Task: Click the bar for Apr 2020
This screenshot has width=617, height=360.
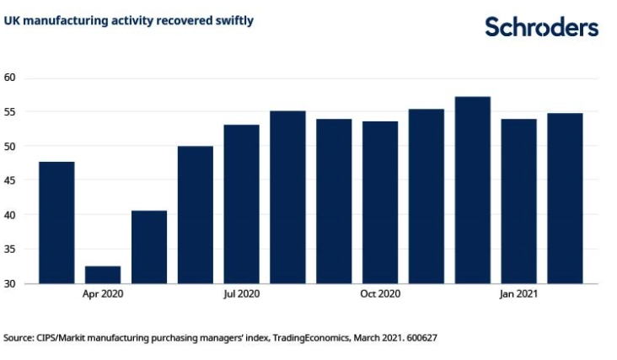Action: click(103, 275)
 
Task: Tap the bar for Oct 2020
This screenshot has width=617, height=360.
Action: click(380, 202)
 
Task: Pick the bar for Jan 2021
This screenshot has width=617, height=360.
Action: click(518, 201)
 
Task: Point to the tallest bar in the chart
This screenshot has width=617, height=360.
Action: click(472, 190)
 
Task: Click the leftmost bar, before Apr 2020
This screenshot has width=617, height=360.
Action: click(56, 223)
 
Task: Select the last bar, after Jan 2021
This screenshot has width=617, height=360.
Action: click(565, 198)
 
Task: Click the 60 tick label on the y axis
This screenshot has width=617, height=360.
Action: click(11, 78)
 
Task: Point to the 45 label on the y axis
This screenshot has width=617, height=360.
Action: click(11, 180)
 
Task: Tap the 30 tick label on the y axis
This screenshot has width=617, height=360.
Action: click(11, 283)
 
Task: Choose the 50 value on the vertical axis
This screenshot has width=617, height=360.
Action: click(11, 146)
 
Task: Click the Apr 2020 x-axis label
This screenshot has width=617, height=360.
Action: click(103, 294)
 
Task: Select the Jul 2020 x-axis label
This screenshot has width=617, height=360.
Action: click(241, 294)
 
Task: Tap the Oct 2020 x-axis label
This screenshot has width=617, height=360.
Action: click(380, 294)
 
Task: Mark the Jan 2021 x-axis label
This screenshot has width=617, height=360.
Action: click(518, 294)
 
